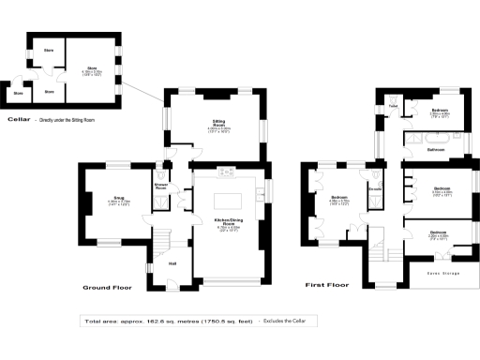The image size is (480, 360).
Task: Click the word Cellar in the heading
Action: coord(19,120)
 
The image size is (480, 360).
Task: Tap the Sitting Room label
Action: coord(218,126)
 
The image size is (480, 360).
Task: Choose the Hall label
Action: coord(172,262)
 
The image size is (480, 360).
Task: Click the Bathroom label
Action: coord(436,149)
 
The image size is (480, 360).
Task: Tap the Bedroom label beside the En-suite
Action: coord(338,199)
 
